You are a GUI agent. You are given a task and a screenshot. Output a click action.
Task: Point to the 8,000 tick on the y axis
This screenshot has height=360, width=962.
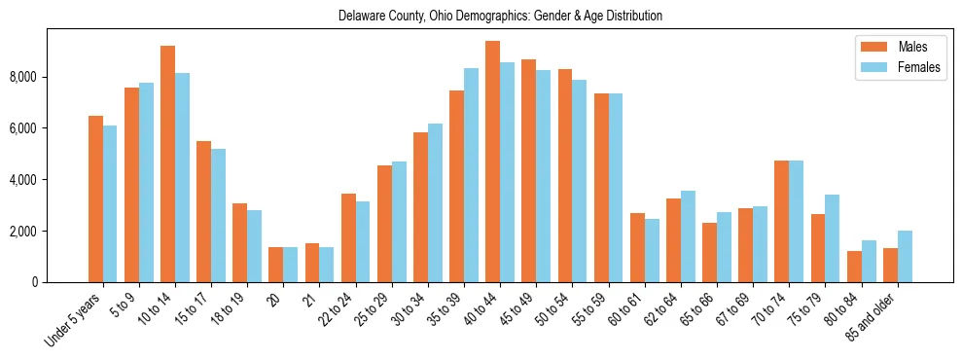coord(24,77)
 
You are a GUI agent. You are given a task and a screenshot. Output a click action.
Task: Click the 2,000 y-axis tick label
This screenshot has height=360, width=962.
coord(24,232)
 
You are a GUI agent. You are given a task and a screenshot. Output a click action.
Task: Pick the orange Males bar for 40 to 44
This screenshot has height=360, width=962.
coord(492,162)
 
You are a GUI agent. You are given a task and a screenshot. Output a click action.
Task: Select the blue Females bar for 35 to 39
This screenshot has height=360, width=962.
coord(471,175)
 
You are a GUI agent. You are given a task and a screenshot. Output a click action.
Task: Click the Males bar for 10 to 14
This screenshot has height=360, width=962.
coord(167,163)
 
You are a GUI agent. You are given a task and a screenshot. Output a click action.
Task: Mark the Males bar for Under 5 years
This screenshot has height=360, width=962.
coord(95,198)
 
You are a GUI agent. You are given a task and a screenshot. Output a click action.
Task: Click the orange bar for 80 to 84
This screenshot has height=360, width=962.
coord(854,267)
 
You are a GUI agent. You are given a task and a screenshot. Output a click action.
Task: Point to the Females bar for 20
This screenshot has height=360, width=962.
coord(291,265)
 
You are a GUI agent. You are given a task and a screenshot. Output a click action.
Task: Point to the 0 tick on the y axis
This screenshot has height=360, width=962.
coord(37,282)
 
